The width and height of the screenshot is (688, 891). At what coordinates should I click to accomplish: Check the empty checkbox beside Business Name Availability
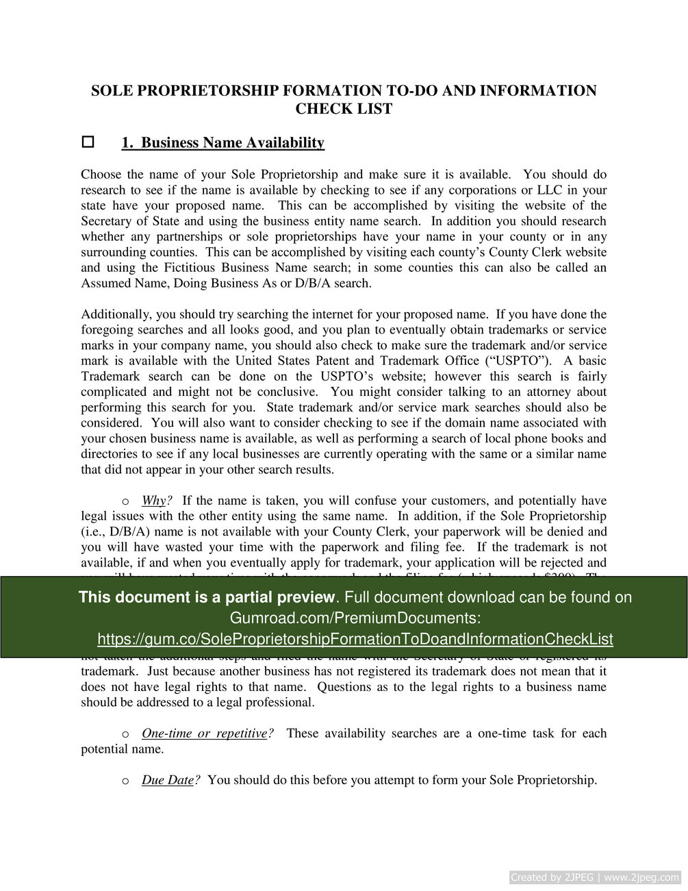88,142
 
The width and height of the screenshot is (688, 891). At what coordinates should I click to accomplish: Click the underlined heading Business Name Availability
222,142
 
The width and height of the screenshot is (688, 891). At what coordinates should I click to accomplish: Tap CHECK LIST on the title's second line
344,108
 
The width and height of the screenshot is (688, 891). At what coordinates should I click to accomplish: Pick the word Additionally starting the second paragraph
116,314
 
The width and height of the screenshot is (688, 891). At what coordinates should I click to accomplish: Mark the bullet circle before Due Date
125,781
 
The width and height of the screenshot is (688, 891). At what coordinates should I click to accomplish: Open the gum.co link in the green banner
355,639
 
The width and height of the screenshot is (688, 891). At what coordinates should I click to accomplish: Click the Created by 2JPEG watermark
595,877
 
